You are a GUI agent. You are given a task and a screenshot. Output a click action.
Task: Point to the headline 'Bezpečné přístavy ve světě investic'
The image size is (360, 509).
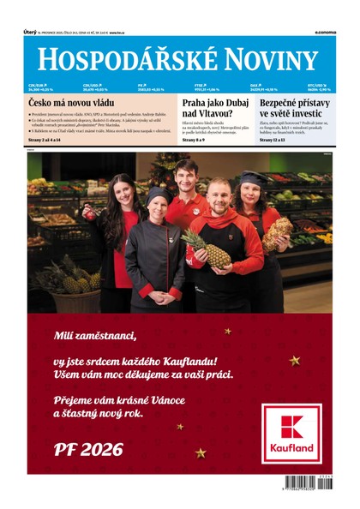[x=297, y=108]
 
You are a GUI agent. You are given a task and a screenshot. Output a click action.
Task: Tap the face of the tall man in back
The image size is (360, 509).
[x=187, y=175]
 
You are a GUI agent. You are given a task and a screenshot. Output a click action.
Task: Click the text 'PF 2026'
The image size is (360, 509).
[x=88, y=449]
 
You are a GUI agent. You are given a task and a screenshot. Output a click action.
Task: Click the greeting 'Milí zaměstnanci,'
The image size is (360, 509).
[x=94, y=334]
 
